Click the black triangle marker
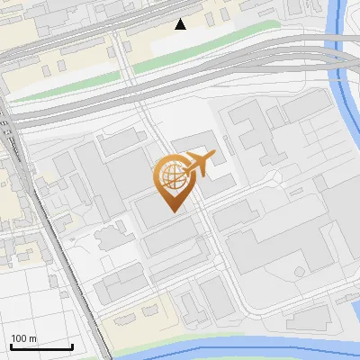tap(181, 24)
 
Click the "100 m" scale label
tap(24, 338)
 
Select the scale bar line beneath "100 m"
tap(41, 346)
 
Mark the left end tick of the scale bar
tap(11, 346)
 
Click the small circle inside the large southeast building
tap(298, 270)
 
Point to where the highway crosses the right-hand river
tap(342, 58)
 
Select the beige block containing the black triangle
tap(216, 27)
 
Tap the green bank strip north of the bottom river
tap(180, 337)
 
